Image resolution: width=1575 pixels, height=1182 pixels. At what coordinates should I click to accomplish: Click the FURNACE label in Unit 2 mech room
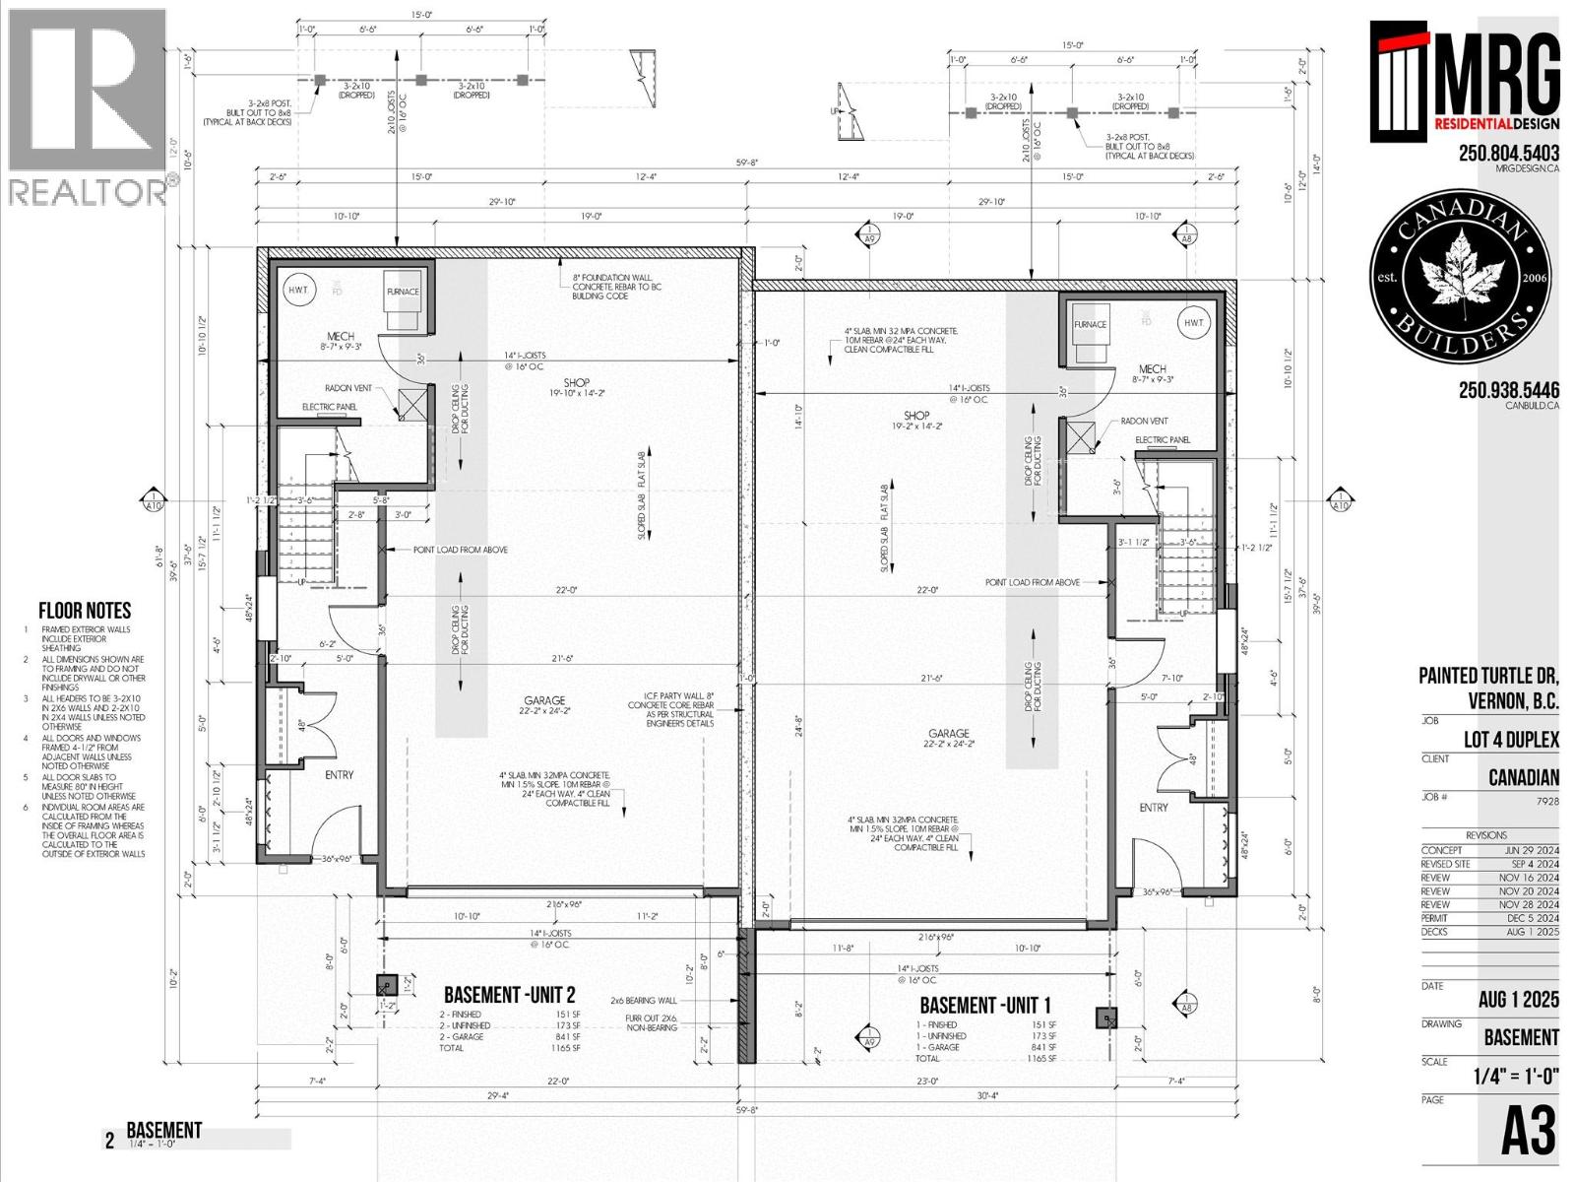click(x=402, y=292)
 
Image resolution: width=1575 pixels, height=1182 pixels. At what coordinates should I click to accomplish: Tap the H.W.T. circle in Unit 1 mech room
click(x=1193, y=323)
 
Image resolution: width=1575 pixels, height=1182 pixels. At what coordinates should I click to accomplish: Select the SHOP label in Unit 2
click(x=577, y=383)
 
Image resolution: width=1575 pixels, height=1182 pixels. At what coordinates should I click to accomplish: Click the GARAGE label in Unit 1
click(x=948, y=733)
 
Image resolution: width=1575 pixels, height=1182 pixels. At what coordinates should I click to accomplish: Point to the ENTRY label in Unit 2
click(x=339, y=775)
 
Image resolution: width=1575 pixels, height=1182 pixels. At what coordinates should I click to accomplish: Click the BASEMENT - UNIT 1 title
click(x=984, y=1006)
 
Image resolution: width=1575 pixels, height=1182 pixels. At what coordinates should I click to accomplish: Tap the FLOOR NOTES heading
click(x=85, y=611)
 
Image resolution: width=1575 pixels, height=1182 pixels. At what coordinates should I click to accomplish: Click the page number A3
click(x=1528, y=1133)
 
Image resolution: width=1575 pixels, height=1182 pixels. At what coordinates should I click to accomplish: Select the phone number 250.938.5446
click(x=1508, y=390)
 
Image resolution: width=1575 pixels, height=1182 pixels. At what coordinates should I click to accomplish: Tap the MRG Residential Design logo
click(x=1465, y=84)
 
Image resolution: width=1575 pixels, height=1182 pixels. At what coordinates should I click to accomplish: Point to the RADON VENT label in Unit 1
click(x=1144, y=421)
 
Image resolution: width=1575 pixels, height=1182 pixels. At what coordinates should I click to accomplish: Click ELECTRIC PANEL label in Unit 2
click(x=329, y=407)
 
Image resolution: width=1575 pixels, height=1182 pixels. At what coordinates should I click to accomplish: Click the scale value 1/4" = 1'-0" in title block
click(x=1516, y=1077)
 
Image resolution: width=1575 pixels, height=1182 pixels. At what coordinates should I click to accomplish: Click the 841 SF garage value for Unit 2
click(x=567, y=1036)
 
